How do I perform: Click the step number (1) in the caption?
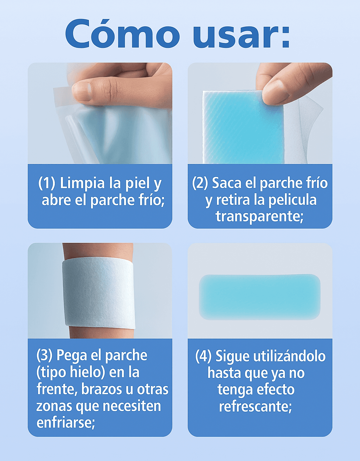(46, 183)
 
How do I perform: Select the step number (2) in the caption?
(200, 183)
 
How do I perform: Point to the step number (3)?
(44, 355)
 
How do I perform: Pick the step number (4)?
(203, 356)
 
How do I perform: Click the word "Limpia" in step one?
(82, 183)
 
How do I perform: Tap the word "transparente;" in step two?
(259, 216)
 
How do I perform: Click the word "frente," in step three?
(57, 389)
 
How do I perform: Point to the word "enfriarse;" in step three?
(66, 422)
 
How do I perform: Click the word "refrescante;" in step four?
(256, 407)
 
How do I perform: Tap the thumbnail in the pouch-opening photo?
(82, 91)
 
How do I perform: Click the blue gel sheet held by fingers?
(239, 130)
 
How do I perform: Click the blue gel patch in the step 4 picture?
(259, 297)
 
